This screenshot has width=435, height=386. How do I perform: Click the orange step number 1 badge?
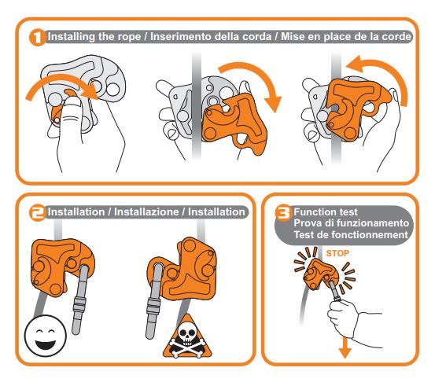tap(38, 37)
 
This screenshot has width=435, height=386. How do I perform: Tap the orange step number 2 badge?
tap(38, 212)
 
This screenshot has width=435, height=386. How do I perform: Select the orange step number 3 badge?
tap(283, 212)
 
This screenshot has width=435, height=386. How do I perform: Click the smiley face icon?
tap(46, 336)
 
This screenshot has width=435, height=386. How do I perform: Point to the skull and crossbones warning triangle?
tap(187, 337)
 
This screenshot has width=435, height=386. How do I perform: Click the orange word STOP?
tap(337, 253)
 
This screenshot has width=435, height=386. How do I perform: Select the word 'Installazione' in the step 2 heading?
tap(146, 212)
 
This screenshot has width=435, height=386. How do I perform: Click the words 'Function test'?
tap(326, 212)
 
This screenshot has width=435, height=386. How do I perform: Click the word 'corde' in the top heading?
tap(397, 37)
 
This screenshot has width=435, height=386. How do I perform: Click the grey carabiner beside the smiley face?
tap(80, 300)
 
